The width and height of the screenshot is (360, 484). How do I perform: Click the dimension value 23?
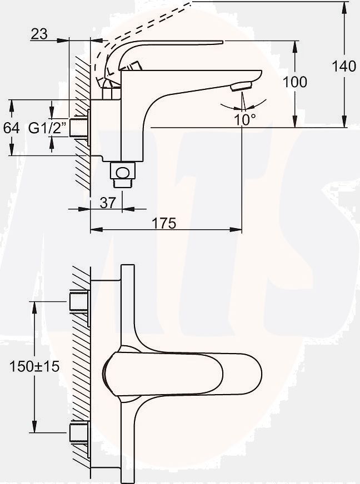pyautogui.click(x=39, y=34)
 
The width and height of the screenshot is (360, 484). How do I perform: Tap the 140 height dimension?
pyautogui.click(x=344, y=67)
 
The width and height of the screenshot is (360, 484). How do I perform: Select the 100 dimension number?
pyautogui.click(x=295, y=82)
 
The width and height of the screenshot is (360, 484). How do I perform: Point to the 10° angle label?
pyautogui.click(x=244, y=119)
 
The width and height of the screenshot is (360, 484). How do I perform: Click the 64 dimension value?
pyautogui.click(x=11, y=128)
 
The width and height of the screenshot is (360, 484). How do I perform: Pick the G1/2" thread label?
pyautogui.click(x=47, y=128)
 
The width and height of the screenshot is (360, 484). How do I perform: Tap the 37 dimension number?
pyautogui.click(x=108, y=203)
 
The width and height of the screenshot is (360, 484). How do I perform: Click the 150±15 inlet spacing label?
pyautogui.click(x=34, y=366)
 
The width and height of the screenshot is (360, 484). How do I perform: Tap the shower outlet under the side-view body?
pyautogui.click(x=123, y=173)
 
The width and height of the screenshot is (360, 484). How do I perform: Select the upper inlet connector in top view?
pyautogui.click(x=79, y=301)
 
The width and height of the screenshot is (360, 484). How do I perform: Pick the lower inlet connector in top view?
pyautogui.click(x=79, y=432)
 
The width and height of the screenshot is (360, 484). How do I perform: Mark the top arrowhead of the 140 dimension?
pyautogui.click(x=344, y=7)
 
